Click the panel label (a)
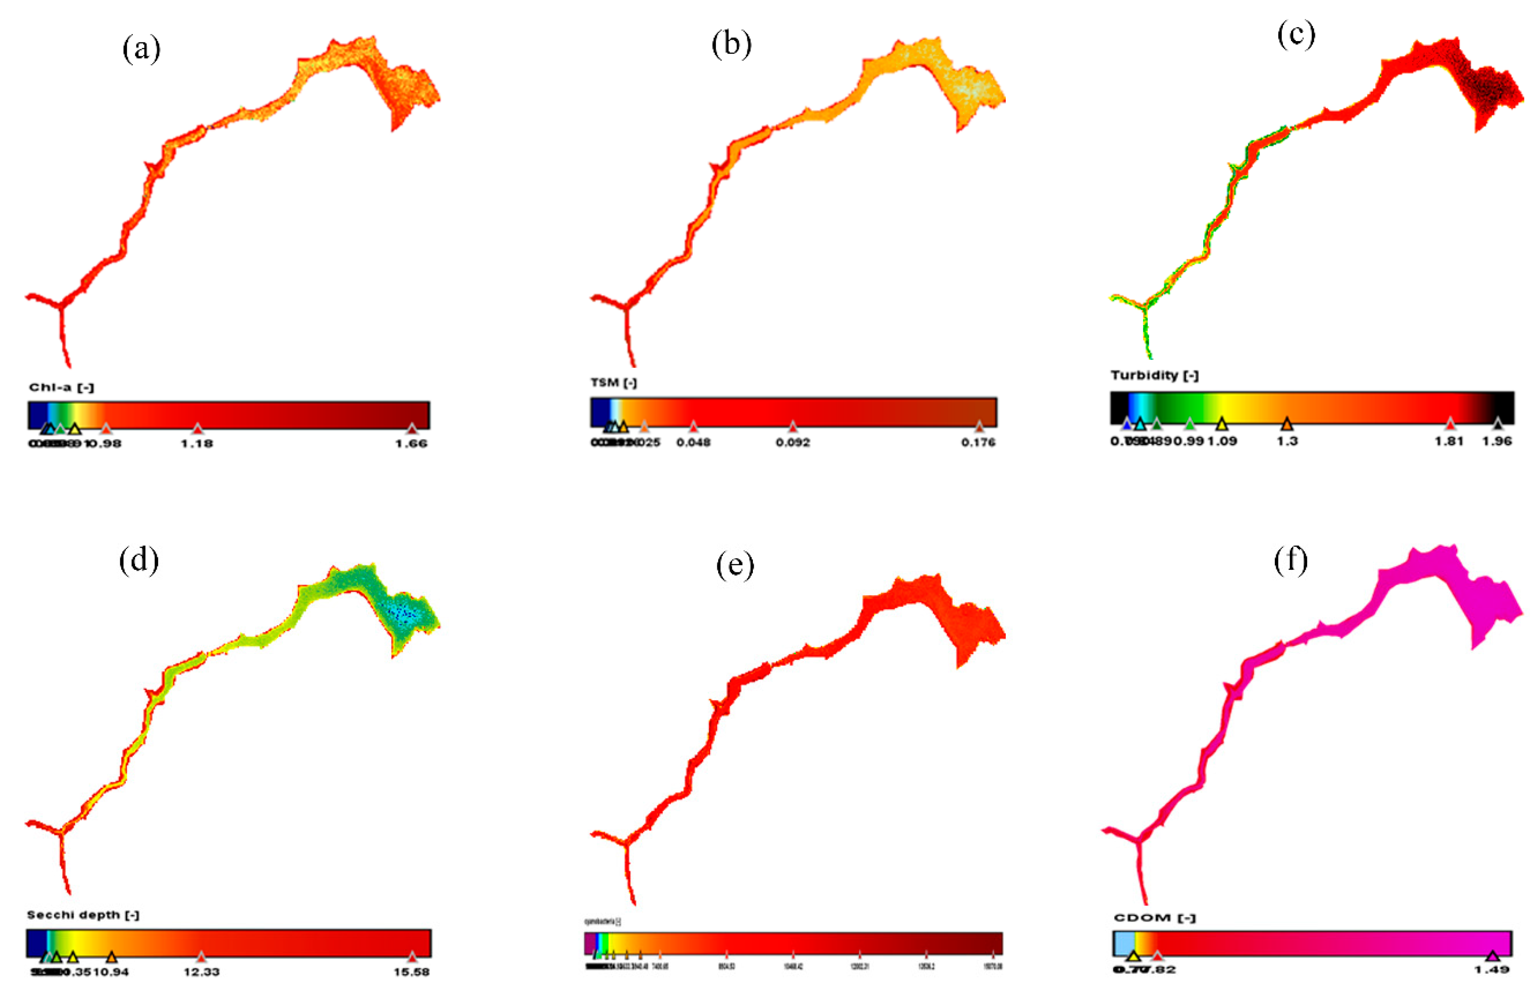pos(141,49)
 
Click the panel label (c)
pos(1296,34)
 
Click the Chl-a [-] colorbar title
pos(61,387)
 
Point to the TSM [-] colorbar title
pos(613,383)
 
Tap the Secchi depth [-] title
pos(83,914)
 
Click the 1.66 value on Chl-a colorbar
pos(411,443)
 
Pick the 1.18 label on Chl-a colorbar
pos(197,443)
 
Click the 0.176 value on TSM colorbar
pos(978,442)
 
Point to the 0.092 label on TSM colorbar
pos(793,442)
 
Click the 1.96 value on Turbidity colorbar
pos(1496,441)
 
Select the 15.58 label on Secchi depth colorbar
pos(411,972)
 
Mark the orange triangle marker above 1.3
pos(1286,423)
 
